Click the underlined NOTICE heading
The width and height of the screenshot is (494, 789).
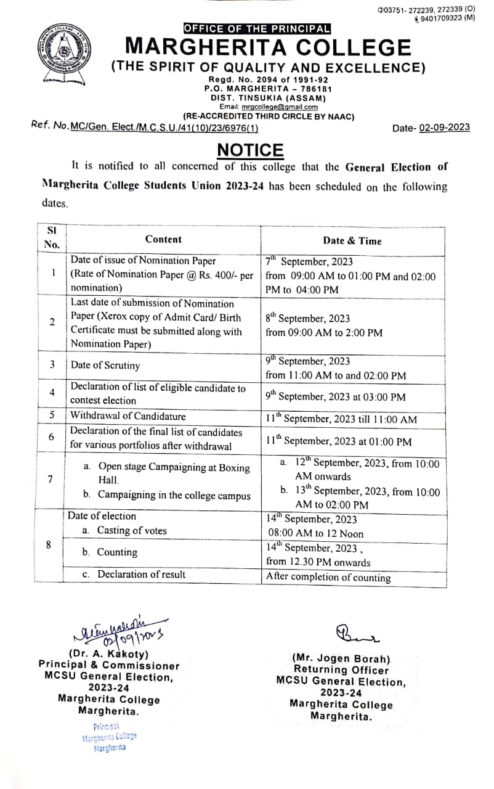click(250, 150)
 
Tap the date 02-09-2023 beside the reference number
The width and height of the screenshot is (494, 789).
click(444, 128)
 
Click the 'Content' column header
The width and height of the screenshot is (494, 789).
click(163, 239)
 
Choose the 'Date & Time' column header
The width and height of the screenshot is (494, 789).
click(352, 241)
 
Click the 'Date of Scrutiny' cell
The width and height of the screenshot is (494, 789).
click(105, 365)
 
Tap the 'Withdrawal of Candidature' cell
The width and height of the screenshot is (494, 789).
click(128, 415)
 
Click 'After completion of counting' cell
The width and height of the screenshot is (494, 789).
click(328, 578)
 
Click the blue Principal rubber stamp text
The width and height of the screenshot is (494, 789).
click(109, 737)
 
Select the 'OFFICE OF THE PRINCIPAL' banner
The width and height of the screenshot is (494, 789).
click(257, 28)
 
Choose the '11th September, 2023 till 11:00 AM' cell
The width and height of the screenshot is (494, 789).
click(341, 419)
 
